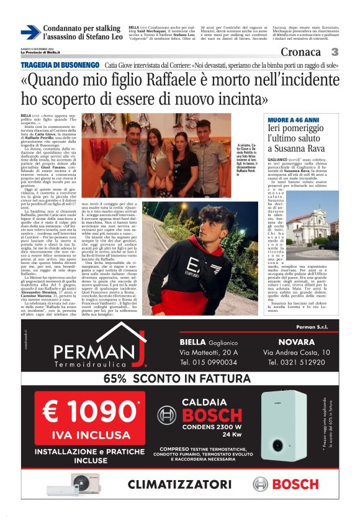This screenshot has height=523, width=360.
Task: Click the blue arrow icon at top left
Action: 30,32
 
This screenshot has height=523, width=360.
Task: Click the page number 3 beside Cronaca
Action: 335,52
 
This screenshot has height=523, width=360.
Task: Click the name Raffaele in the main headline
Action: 148,81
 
